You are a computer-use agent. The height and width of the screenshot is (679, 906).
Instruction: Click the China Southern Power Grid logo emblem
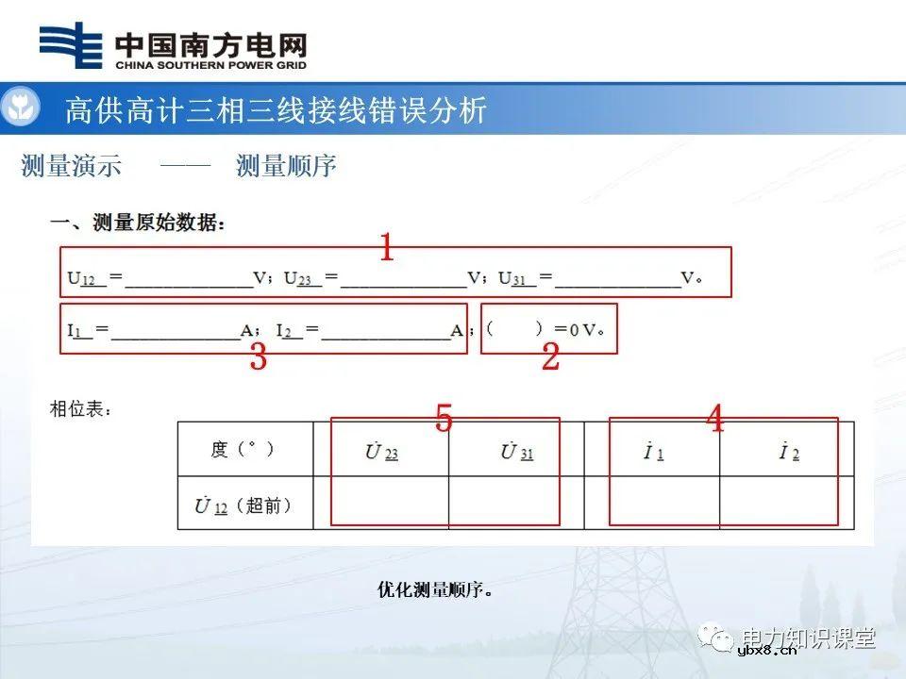pos(71,46)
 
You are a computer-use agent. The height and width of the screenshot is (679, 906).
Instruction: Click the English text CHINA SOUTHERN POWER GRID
pos(210,66)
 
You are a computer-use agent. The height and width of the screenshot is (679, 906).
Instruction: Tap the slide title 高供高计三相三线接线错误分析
pos(276,110)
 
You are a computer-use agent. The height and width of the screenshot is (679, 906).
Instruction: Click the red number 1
pos(386,249)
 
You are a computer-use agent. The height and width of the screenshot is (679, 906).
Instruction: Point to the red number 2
pos(550,357)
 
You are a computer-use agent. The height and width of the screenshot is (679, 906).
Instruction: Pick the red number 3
pos(258,357)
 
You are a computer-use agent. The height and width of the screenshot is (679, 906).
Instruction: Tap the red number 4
pos(715,419)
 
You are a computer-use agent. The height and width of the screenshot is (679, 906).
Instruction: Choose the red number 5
pos(444,419)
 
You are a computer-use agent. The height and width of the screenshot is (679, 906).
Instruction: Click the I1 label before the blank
pos(78,330)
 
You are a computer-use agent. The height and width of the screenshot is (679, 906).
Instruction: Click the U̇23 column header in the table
pos(381,452)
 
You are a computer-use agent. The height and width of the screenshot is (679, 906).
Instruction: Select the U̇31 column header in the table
pos(516,452)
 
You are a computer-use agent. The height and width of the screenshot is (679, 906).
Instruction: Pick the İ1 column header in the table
pos(653,453)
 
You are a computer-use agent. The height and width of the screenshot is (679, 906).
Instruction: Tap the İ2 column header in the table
pos(789,453)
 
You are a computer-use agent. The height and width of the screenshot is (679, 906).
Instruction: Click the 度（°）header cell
pos(243,450)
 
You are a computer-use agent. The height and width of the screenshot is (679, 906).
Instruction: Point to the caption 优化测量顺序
pos(435,590)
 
